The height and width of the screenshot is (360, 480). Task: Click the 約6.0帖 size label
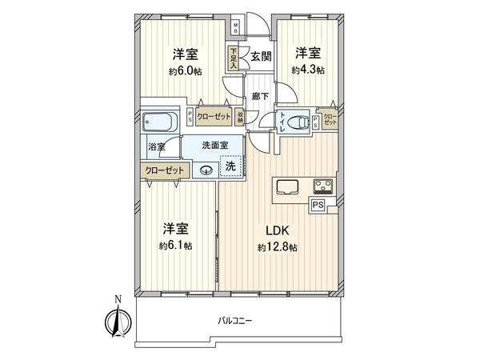click(184, 71)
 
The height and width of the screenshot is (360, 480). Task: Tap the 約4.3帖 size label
click(308, 70)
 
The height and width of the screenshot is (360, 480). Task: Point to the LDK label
click(278, 230)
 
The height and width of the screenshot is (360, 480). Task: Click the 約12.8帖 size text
click(278, 248)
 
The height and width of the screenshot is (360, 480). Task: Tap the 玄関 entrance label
click(261, 57)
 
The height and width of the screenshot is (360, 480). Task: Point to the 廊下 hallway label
click(260, 95)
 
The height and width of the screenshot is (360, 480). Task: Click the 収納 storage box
click(240, 116)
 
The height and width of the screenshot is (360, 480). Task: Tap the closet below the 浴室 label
click(165, 170)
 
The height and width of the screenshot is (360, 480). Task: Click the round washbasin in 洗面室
click(207, 170)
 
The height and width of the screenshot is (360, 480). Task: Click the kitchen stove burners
click(324, 187)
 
